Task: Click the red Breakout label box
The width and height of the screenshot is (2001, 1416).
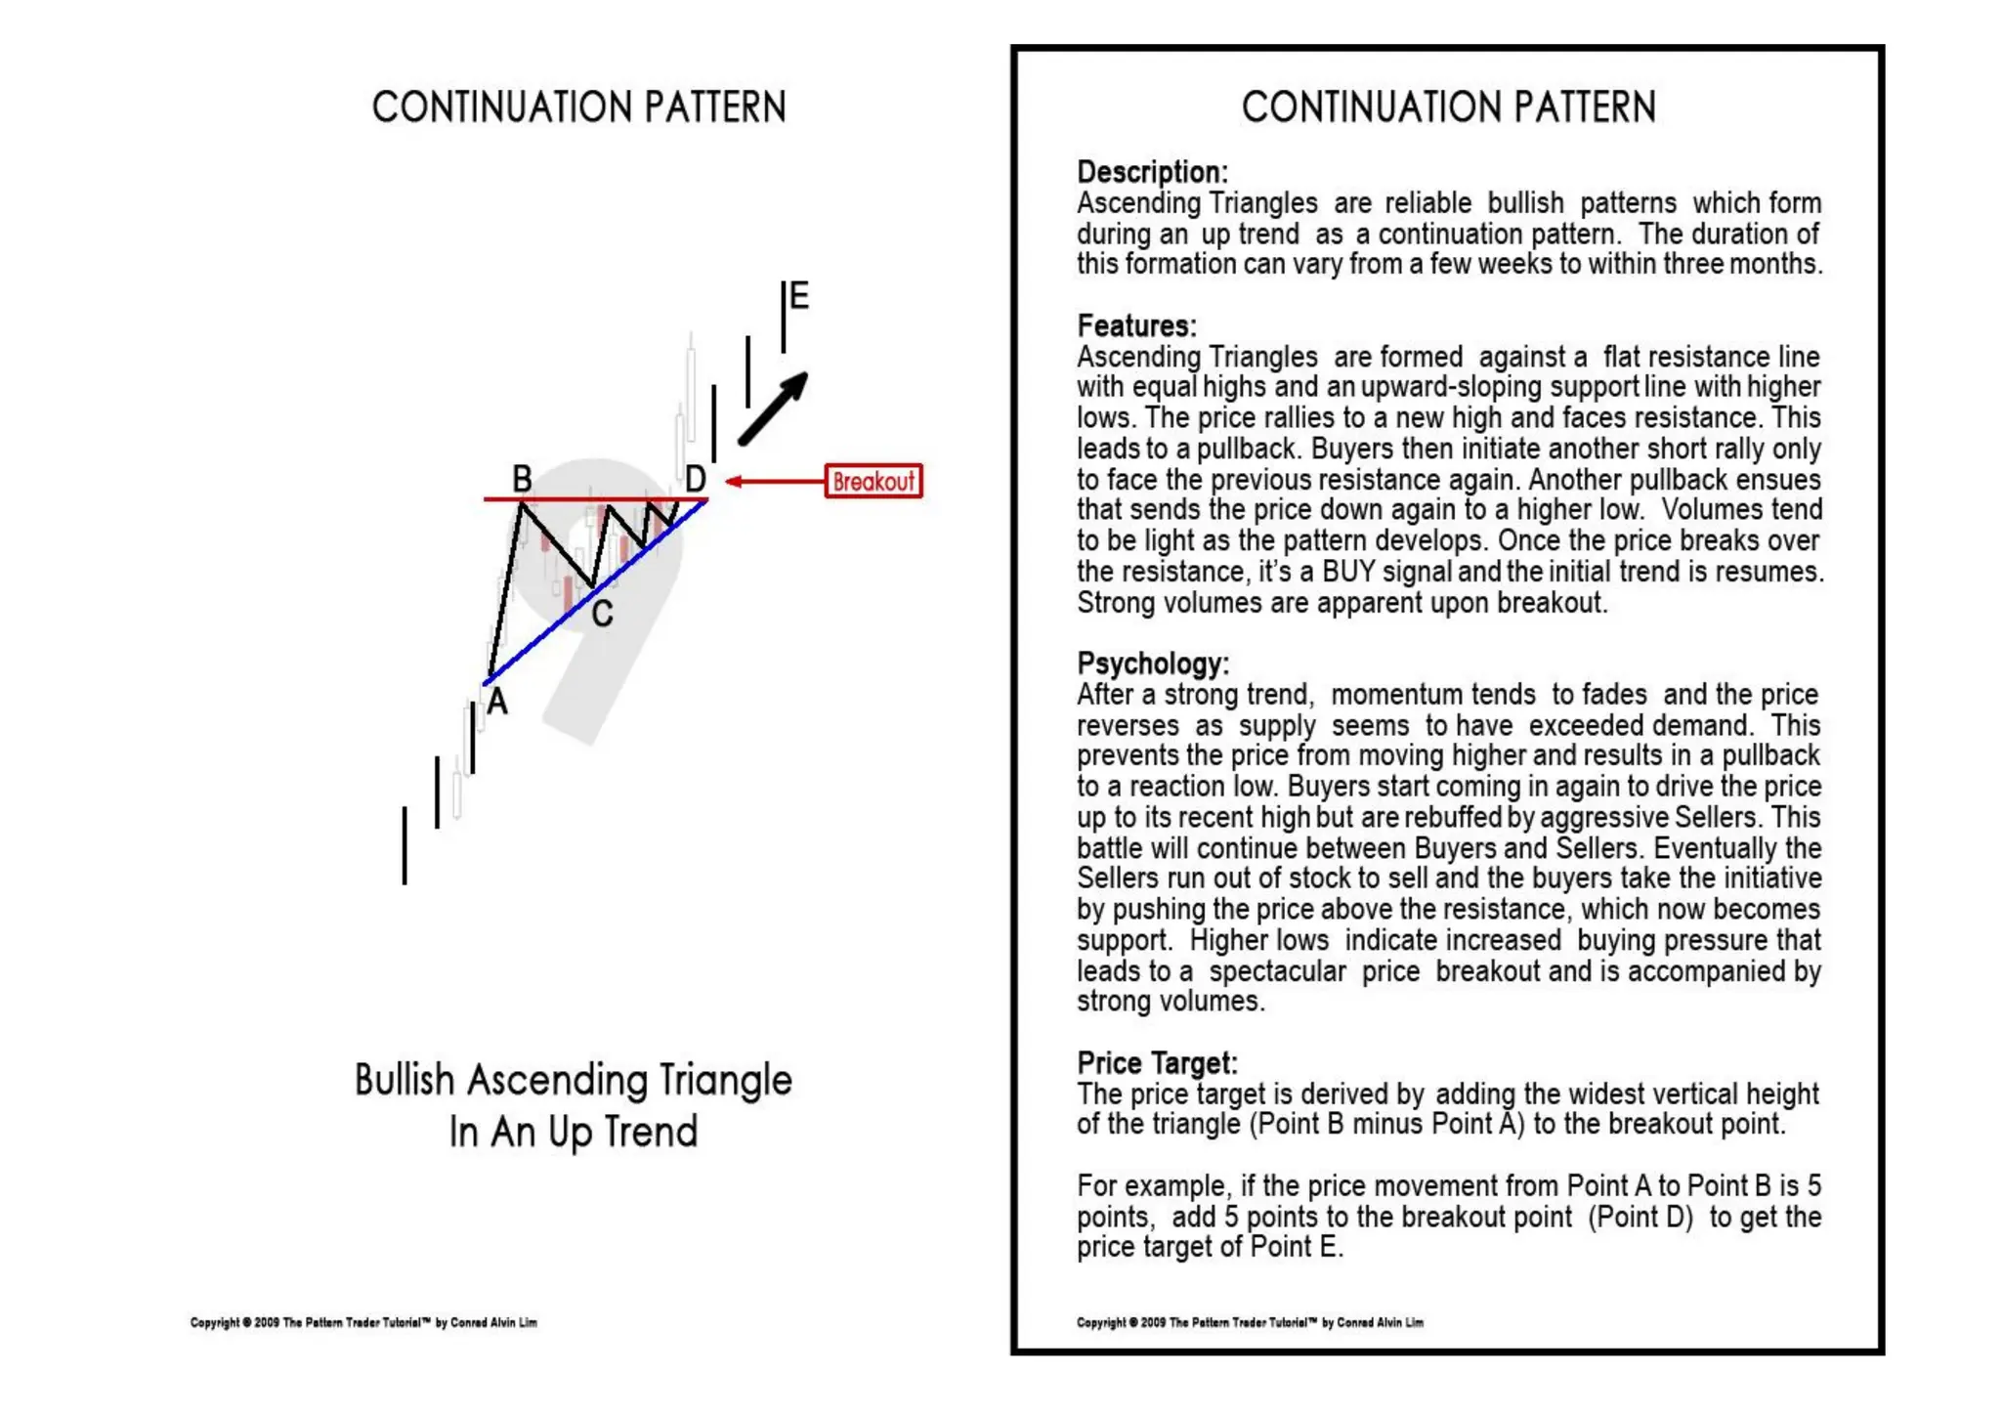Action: coord(873,481)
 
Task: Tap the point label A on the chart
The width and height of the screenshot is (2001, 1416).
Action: coord(497,702)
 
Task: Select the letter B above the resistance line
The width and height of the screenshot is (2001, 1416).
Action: coord(523,479)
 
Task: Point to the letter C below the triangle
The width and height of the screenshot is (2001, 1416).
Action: coord(602,614)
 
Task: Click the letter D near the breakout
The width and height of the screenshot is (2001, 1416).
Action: coord(695,479)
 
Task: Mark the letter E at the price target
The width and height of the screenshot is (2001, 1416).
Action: coord(799,295)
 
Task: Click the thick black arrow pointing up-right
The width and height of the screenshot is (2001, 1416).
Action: coord(773,408)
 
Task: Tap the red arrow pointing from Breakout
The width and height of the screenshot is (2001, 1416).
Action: coord(774,481)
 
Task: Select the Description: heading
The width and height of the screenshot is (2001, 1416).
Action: coord(1152,172)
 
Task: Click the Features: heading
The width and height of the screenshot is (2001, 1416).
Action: coord(1136,325)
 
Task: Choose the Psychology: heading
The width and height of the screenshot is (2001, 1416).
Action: coord(1153,664)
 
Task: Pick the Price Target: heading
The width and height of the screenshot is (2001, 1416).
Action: coord(1157,1062)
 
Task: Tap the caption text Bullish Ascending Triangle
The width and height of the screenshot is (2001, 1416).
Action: coord(574,1080)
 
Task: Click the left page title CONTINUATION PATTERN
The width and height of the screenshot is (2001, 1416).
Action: coord(578,107)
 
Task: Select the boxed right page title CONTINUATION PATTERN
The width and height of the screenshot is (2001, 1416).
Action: coord(1448,107)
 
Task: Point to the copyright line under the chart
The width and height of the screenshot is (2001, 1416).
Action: coord(363,1322)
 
